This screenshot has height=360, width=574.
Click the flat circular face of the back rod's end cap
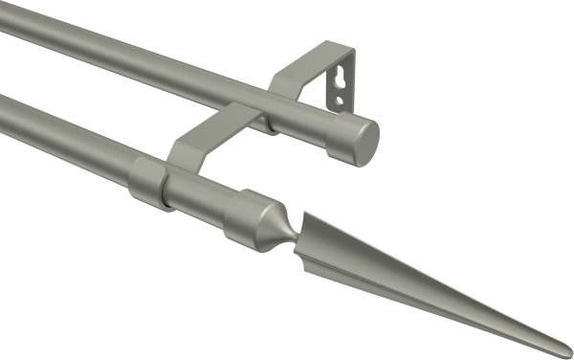pos(363,142)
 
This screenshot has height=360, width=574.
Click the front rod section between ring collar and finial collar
pos(199,196)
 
